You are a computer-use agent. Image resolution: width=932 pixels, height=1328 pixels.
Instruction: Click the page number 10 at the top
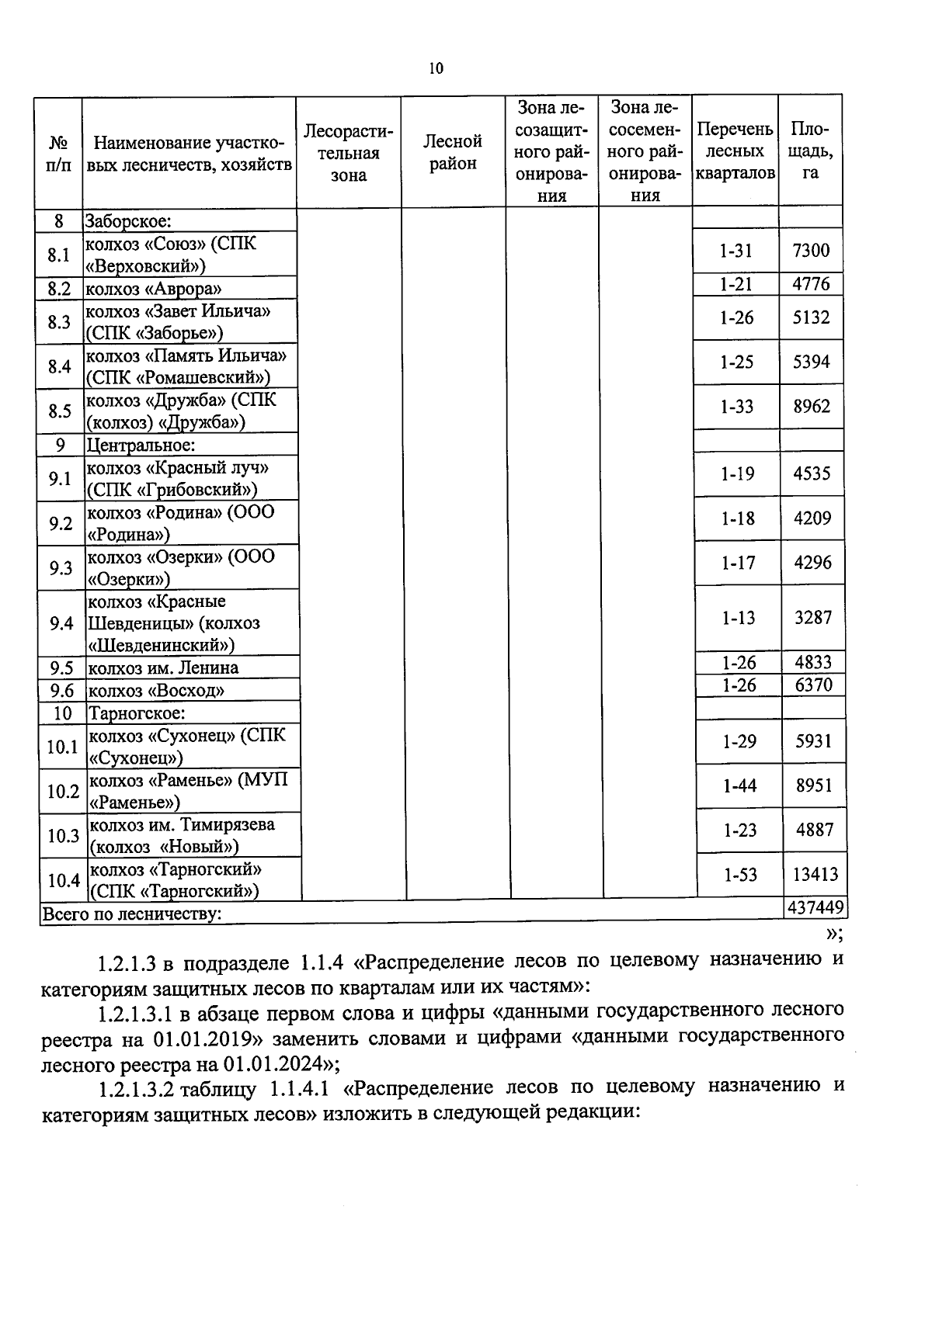(436, 69)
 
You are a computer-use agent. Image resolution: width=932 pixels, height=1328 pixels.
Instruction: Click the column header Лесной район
(453, 152)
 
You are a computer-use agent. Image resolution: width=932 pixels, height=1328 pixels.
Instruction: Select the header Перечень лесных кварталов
(735, 151)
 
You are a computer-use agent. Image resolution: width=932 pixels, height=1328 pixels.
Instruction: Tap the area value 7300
(811, 251)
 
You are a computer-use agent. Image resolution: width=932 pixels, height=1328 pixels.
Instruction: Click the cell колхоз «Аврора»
(154, 290)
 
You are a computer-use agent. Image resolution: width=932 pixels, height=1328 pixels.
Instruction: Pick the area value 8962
(812, 407)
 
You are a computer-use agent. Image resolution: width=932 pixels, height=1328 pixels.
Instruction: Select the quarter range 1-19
(737, 473)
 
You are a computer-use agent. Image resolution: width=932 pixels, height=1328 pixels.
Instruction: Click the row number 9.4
(61, 623)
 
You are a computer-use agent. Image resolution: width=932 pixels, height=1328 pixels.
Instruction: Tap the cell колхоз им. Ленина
(163, 668)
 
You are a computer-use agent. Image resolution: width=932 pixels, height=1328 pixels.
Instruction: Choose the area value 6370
(813, 685)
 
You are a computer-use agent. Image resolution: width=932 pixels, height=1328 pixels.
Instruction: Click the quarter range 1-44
(739, 785)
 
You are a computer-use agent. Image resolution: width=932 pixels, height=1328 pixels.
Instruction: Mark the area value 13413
(815, 875)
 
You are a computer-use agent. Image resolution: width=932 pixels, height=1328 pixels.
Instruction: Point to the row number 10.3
(63, 835)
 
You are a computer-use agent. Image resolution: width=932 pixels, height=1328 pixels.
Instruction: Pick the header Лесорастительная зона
(348, 153)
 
